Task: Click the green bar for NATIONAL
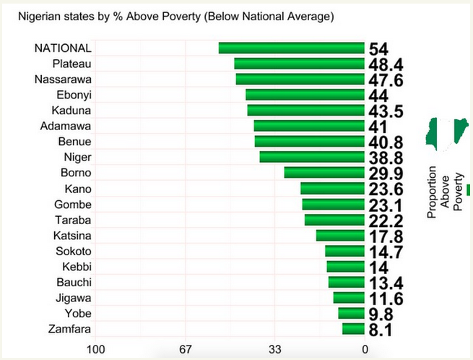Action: click(x=291, y=48)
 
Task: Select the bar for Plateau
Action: click(x=299, y=64)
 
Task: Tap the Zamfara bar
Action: click(x=353, y=329)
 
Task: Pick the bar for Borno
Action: click(x=324, y=172)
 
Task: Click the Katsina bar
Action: click(x=340, y=235)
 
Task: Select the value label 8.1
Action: click(x=381, y=330)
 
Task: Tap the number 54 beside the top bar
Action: click(x=378, y=49)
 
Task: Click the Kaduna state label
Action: click(x=71, y=110)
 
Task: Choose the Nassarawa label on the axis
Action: click(x=63, y=79)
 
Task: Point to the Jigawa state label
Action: click(x=73, y=298)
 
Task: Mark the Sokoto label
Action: click(x=73, y=251)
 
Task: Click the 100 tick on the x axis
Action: click(x=95, y=350)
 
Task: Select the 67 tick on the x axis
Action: click(x=186, y=350)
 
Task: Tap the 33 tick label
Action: click(x=275, y=350)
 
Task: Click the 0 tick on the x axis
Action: click(x=365, y=350)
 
